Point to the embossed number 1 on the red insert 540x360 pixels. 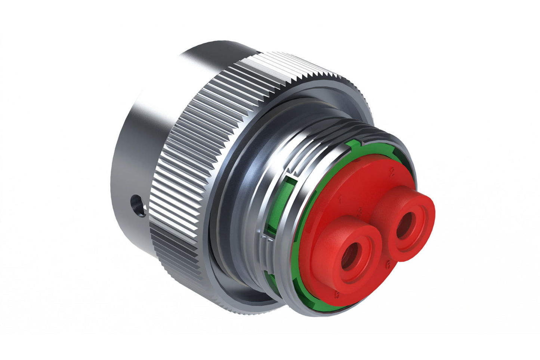340,199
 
